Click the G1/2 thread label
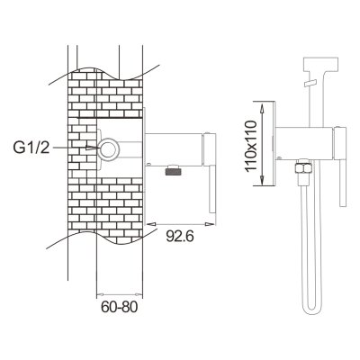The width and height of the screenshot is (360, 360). coord(31,148)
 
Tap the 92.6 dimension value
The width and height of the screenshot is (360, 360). coord(180,237)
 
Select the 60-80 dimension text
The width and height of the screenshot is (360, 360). coord(119,307)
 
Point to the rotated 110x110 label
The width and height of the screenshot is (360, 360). coord(251,146)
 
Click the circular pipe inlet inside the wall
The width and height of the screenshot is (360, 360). coord(110,148)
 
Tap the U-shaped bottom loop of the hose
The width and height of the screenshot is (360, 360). coord(311,306)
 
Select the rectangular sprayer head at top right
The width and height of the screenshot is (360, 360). coord(321,64)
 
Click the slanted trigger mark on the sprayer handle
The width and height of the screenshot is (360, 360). coord(310,83)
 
